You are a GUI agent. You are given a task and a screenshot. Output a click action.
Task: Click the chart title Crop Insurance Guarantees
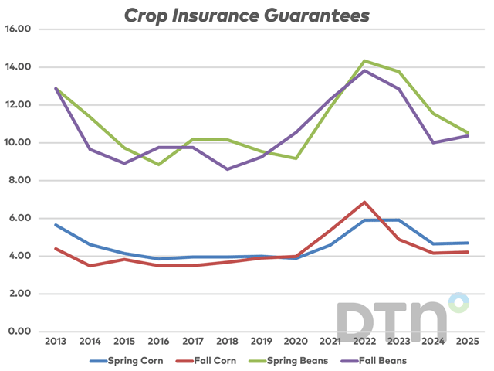pyautogui.click(x=247, y=15)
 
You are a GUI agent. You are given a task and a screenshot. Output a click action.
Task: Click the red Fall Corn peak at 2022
pyautogui.click(x=364, y=203)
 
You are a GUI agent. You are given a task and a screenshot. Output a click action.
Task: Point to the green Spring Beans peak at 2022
pyautogui.click(x=364, y=61)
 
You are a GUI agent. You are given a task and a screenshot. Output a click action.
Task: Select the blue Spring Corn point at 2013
pyautogui.click(x=56, y=225)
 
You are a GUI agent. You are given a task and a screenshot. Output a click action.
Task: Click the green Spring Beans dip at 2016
pyautogui.click(x=158, y=165)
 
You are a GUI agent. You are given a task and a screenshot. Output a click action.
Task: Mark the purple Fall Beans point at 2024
pyautogui.click(x=433, y=142)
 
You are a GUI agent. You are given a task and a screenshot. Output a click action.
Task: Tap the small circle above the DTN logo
pyautogui.click(x=458, y=302)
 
